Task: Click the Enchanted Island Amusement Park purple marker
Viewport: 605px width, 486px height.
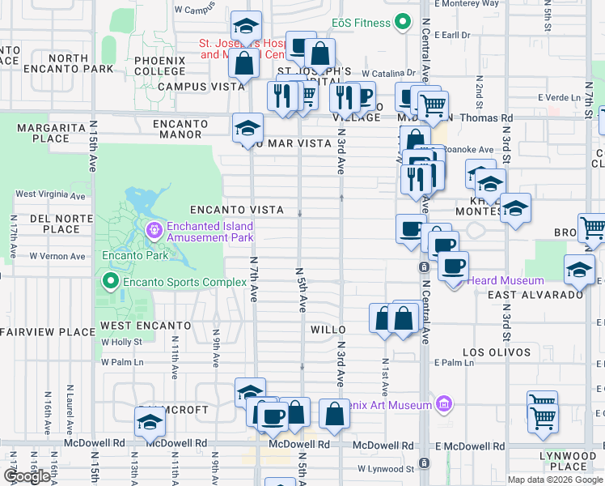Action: (x=154, y=232)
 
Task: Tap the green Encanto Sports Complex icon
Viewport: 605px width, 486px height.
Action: (x=111, y=282)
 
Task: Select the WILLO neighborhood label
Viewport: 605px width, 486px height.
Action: (x=328, y=330)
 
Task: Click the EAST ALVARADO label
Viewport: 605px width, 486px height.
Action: (x=535, y=295)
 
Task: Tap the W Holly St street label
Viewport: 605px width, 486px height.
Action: (x=121, y=343)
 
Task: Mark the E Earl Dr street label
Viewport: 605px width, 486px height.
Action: (x=451, y=35)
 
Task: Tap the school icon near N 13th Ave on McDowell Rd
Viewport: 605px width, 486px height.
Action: (x=149, y=423)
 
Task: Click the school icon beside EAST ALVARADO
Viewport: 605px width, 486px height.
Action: (x=578, y=270)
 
